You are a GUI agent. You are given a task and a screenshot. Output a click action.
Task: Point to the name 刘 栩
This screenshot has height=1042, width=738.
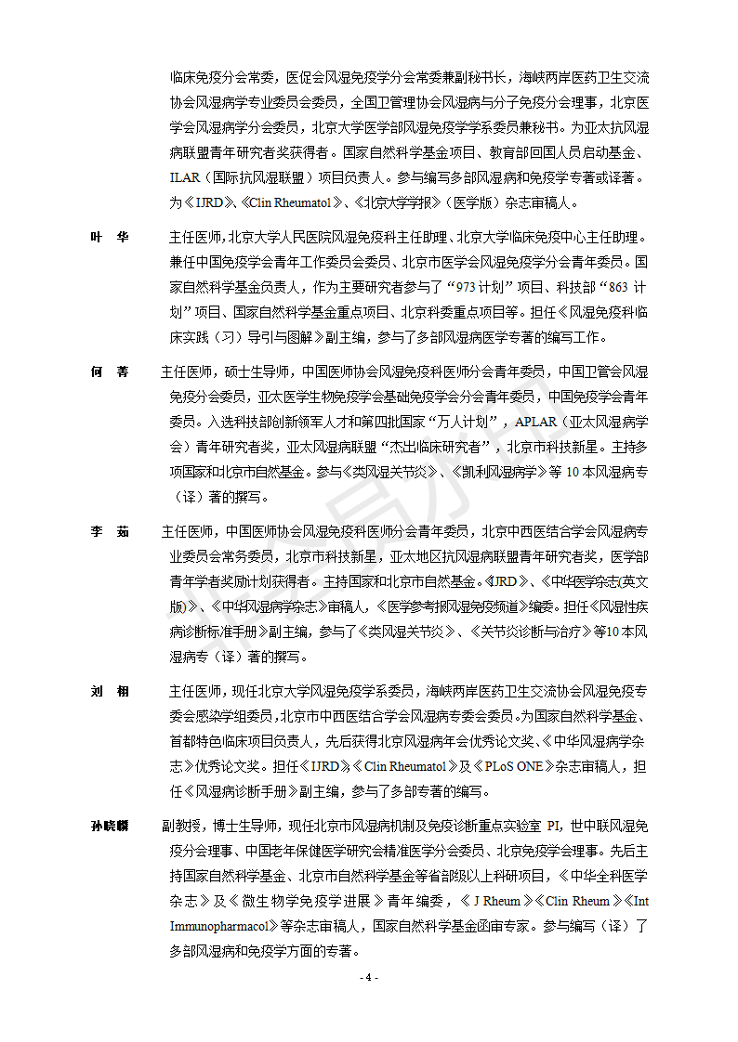point(110,692)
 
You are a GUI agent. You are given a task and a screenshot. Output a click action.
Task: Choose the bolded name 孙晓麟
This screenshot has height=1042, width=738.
point(110,826)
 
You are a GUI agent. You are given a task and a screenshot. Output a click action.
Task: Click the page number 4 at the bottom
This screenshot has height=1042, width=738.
point(369,977)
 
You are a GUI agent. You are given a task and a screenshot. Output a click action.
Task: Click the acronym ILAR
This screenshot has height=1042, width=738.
point(188,176)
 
